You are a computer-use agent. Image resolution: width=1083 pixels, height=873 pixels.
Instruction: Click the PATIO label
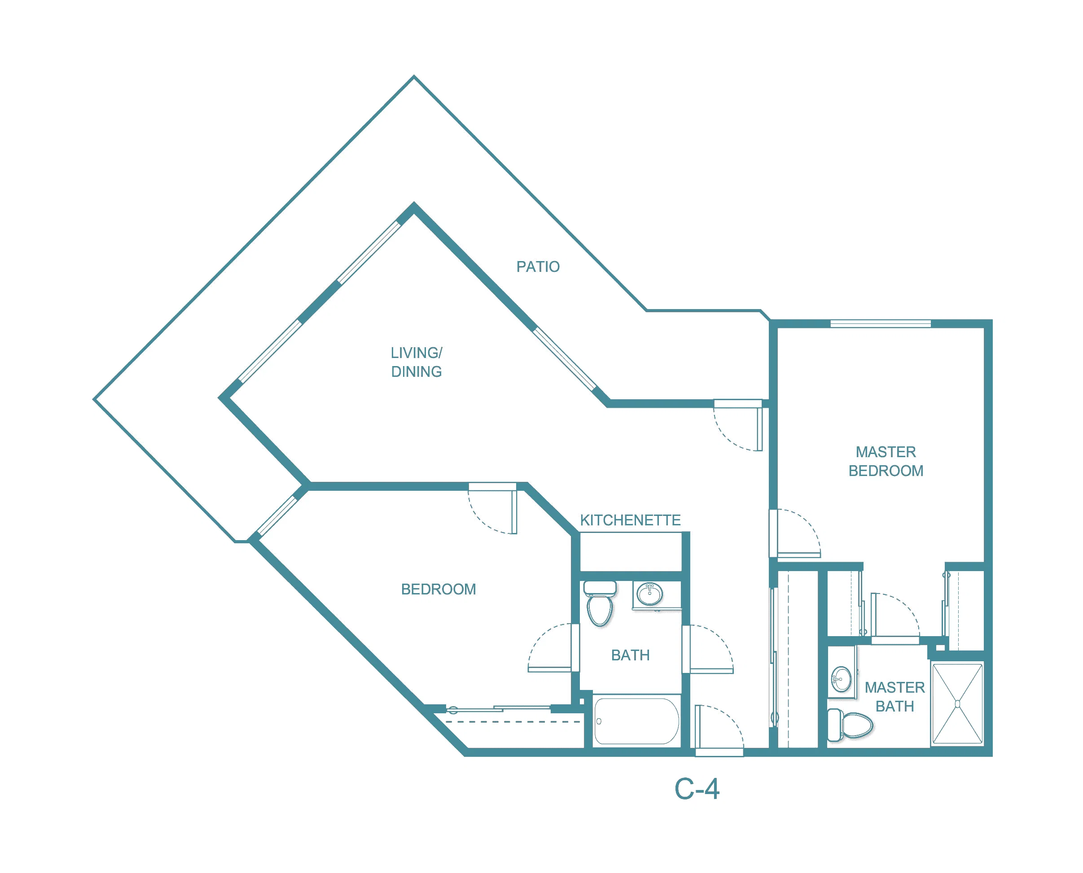(x=538, y=266)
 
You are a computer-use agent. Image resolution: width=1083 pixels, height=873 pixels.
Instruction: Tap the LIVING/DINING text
(x=417, y=362)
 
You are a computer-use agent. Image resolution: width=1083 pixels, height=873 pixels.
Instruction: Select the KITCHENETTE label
(x=630, y=520)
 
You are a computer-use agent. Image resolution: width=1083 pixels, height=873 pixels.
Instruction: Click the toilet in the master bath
(x=850, y=725)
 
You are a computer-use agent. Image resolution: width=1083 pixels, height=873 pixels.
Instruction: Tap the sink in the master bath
(x=842, y=679)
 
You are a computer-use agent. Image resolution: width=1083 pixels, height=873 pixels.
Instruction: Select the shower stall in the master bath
(x=957, y=703)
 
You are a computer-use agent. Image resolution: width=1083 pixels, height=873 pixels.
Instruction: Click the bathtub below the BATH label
(x=636, y=721)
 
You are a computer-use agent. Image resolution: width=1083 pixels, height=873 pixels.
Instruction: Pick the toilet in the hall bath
(x=600, y=603)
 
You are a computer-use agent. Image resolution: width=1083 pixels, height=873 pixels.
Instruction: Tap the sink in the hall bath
(x=649, y=594)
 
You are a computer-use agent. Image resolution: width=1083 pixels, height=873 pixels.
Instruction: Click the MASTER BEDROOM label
(x=886, y=461)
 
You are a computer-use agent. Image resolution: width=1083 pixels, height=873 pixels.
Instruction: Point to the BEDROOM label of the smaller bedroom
(x=438, y=589)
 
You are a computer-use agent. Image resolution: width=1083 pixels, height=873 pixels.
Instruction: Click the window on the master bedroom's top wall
(x=880, y=323)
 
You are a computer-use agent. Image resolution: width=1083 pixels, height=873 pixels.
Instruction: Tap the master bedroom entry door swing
(x=795, y=533)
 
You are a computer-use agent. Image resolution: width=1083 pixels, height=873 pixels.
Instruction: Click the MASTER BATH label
(x=894, y=697)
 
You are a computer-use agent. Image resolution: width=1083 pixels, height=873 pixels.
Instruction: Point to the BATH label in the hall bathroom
(x=630, y=655)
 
